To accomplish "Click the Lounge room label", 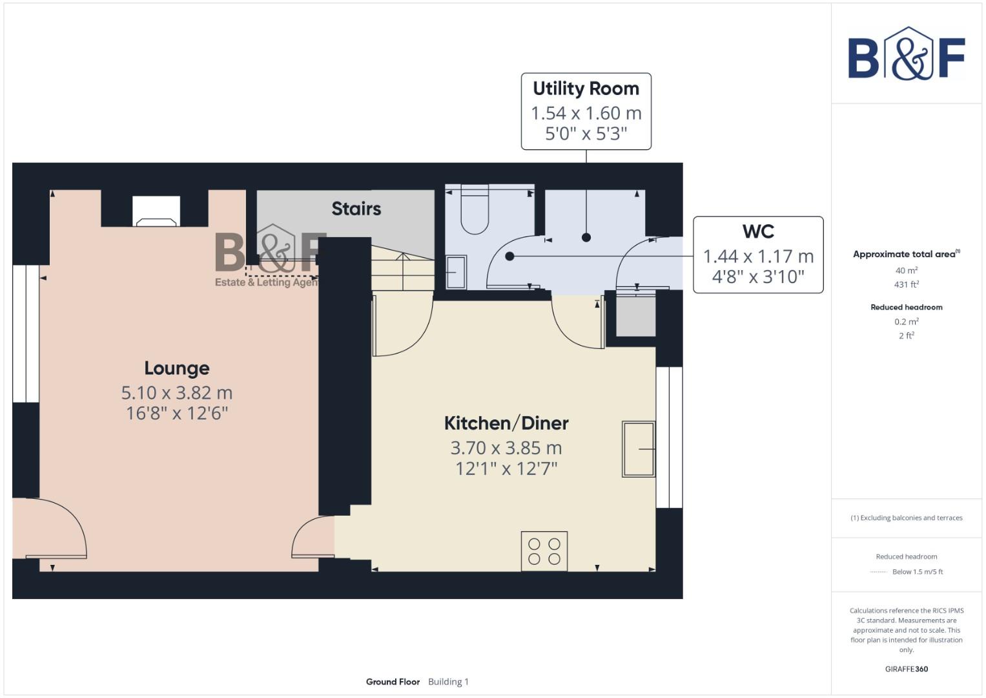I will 176,368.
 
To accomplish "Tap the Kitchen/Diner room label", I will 506,423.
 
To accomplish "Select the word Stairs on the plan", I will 356,209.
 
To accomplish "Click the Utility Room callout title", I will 586,89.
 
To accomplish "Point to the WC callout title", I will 758,231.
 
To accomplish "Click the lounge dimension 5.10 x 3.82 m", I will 176,393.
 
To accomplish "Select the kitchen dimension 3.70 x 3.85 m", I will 506,448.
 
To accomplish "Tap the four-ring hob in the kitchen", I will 544,551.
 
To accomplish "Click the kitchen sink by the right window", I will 638,449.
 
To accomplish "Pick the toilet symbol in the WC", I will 475,212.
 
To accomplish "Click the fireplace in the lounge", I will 156,212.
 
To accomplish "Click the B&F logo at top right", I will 906,54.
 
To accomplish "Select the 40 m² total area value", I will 906,271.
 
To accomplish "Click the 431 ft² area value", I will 906,284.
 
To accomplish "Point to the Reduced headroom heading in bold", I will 906,308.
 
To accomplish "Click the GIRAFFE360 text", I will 906,669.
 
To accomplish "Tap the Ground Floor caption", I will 393,682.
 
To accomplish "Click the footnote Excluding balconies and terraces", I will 906,518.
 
